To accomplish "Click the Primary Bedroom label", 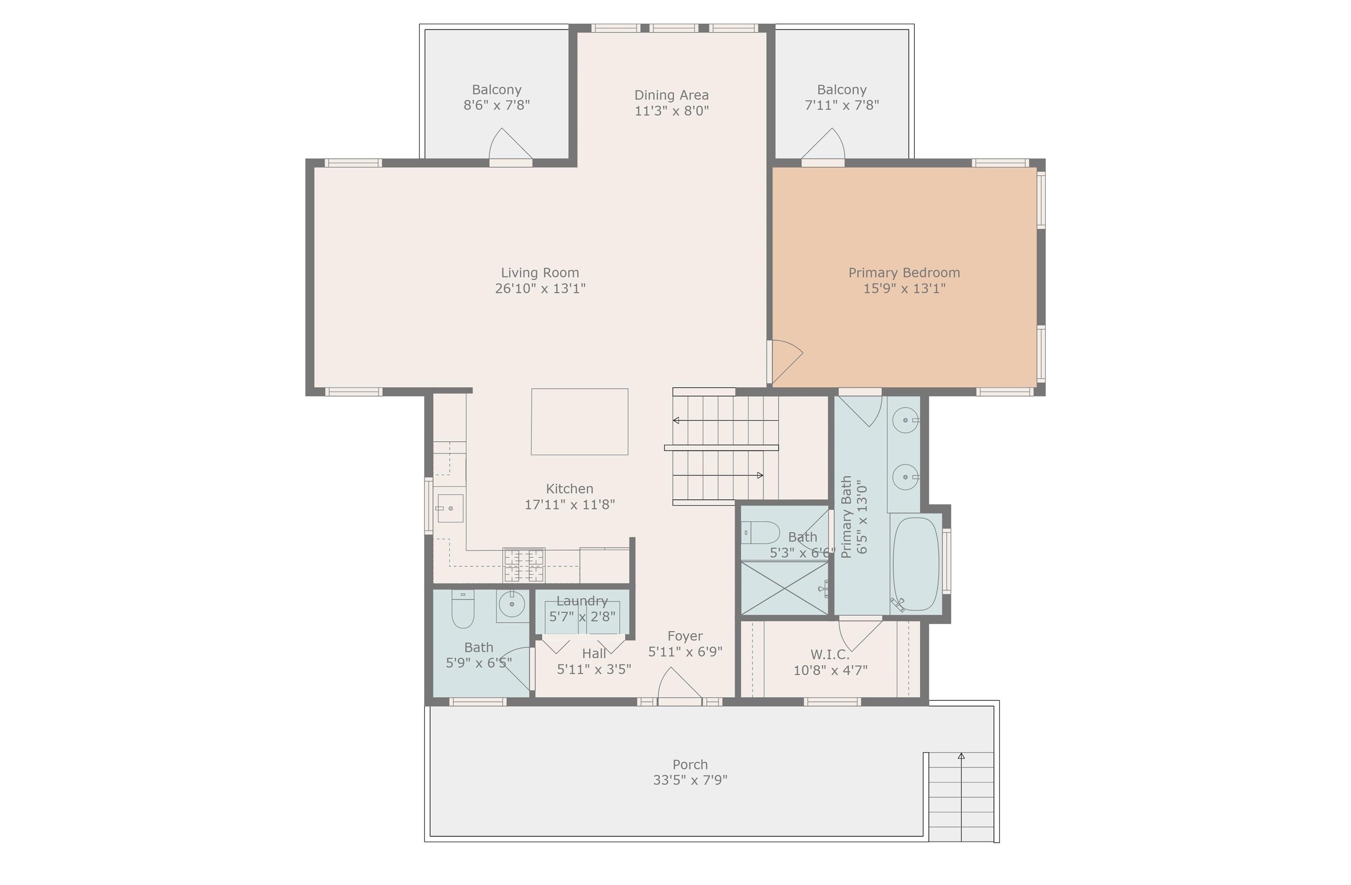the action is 904,273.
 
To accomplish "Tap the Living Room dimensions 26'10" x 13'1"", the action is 540,289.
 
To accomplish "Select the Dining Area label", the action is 672,95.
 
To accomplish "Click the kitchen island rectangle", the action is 580,422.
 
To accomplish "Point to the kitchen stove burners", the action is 524,565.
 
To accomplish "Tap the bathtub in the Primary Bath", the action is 916,564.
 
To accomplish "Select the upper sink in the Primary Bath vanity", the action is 906,421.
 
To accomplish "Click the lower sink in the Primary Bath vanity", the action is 906,477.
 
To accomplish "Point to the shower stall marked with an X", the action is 785,588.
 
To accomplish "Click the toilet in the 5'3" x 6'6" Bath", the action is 761,533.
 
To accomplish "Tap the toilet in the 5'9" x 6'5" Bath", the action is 463,609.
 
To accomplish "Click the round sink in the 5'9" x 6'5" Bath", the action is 513,604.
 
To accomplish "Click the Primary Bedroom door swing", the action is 785,362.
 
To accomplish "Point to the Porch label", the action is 690,764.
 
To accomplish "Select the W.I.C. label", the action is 830,655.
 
